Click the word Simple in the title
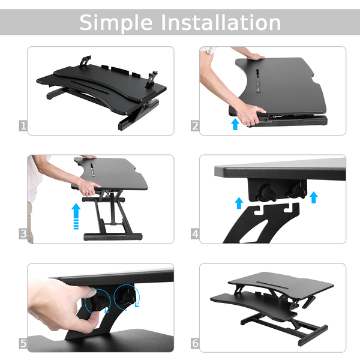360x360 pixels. pos(116,23)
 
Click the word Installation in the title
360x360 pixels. pos(221,22)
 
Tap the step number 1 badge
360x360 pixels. pos(23,126)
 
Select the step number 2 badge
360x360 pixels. pos(195,126)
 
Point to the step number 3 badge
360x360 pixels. pos(23,234)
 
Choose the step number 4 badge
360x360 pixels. pos(195,234)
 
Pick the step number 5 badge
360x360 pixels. pos(23,343)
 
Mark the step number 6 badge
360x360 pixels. pos(195,343)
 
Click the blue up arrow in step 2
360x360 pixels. pos(235,124)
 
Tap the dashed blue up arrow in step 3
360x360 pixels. pos(76,216)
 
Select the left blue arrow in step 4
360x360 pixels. pos(239,203)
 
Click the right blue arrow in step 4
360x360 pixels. pos(314,197)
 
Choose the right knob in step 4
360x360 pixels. pos(296,190)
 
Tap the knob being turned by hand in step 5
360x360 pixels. pos(100,302)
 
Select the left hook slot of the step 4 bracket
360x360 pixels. pos(260,210)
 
